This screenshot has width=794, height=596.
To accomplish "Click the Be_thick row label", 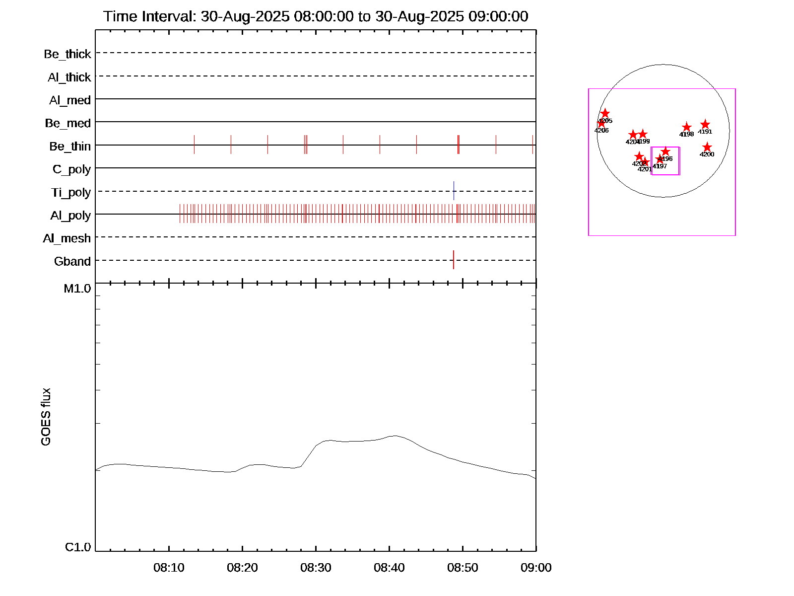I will click(67, 54).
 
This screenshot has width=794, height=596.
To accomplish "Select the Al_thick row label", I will click(69, 77).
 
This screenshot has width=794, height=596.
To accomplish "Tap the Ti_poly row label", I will click(70, 193).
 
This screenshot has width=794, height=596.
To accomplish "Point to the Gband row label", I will click(72, 262).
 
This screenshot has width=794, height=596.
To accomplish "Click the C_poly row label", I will click(71, 170).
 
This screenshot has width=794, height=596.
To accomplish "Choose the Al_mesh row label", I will click(66, 239).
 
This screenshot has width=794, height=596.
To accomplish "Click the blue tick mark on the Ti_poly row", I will click(454, 191).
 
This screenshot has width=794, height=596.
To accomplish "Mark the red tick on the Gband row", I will click(454, 260).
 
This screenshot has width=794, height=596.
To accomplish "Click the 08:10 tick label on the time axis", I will click(169, 568).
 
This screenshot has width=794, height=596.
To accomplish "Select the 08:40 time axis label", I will click(389, 568).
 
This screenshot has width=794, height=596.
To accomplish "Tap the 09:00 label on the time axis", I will click(536, 568).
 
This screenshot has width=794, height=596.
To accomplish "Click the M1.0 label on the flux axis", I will click(77, 289).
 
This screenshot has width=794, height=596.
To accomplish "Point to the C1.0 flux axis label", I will click(78, 547).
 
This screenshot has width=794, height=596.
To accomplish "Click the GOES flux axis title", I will click(46, 417).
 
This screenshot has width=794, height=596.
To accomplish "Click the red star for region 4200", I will click(707, 148).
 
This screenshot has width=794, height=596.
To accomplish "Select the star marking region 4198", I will click(686, 127).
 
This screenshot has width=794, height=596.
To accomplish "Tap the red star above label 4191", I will click(705, 125).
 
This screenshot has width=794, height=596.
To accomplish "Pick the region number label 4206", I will click(601, 131).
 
